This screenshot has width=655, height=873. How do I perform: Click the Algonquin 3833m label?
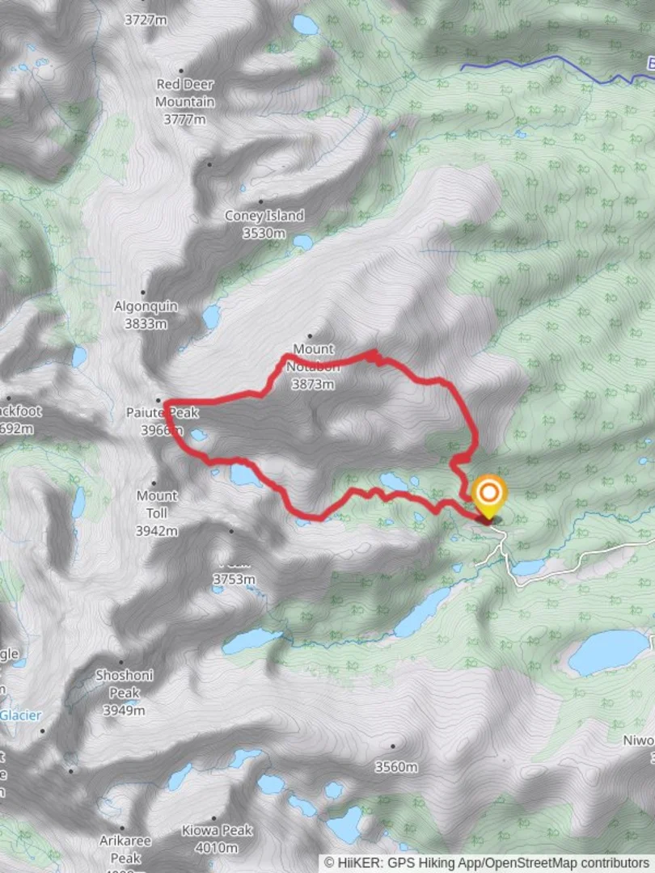coord(146,315)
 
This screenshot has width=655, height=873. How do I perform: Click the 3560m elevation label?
coord(395,766)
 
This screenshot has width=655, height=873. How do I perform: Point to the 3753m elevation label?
coord(234,579)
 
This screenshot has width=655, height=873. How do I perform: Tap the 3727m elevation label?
coord(146,20)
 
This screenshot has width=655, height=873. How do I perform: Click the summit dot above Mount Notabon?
coord(310,335)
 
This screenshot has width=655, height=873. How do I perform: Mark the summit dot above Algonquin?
coord(143,293)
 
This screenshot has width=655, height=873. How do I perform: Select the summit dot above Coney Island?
coord(260,201)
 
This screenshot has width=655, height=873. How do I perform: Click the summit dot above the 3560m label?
coord(393,746)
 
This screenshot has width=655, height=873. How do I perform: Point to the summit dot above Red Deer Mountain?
coord(180,71)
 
